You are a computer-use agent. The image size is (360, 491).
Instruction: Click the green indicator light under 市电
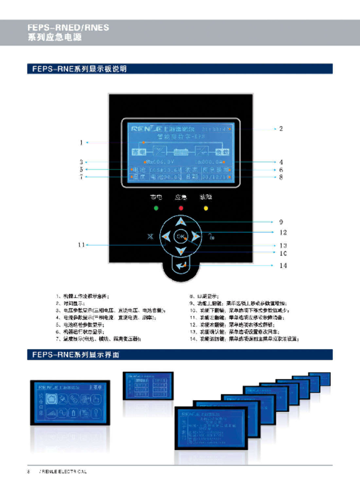156,208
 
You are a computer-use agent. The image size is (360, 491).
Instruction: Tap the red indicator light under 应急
181,208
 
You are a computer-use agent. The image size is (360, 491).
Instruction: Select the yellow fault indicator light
206,208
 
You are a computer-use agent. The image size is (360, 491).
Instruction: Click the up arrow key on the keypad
180,222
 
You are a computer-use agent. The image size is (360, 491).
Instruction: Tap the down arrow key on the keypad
180,251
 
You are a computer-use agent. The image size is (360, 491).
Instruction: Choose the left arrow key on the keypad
166,236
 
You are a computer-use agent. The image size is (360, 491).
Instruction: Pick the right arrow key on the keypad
195,236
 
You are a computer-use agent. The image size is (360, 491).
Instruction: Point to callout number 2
281,129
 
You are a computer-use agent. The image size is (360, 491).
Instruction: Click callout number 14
283,265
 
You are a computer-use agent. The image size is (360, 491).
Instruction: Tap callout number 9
281,222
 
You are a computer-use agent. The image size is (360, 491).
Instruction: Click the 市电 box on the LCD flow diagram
138,152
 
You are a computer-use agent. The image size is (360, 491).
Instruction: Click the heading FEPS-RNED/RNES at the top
68,27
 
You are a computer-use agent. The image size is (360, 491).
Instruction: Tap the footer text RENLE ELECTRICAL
64,471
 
